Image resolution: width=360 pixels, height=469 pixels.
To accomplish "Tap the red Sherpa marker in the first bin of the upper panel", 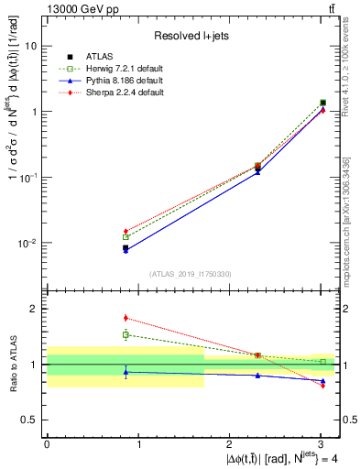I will pos(125,231).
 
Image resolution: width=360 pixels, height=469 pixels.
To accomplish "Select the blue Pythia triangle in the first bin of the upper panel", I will pos(125,250).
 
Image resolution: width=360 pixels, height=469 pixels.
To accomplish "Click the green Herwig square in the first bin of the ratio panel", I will pos(125,334).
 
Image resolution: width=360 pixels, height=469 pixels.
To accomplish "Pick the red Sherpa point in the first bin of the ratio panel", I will pos(125,318).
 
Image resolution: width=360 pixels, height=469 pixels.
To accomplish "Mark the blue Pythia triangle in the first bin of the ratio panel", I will pos(125,372).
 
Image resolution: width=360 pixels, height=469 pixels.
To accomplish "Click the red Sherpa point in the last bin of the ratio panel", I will pos(322,386).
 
